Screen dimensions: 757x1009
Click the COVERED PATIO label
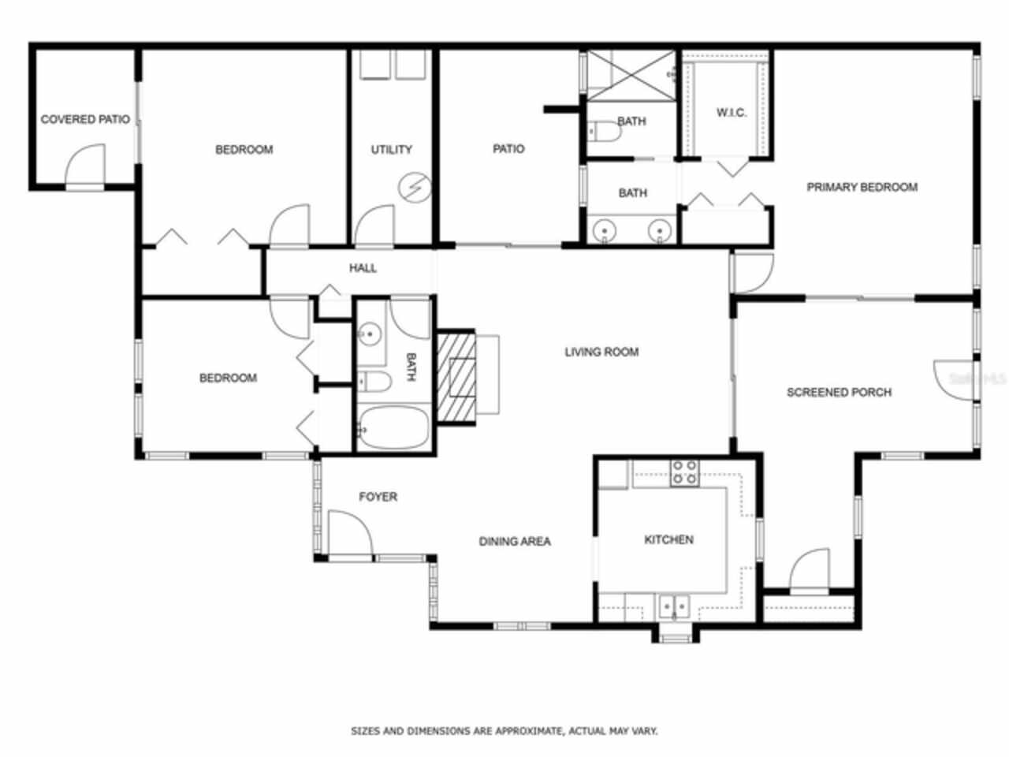[x=85, y=120]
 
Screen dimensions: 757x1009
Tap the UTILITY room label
[x=391, y=149]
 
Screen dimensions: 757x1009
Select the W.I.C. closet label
[x=731, y=113]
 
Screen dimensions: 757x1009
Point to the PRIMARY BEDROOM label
[x=862, y=187]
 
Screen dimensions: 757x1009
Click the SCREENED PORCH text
[x=839, y=392]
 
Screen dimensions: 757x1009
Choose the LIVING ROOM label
[x=601, y=352]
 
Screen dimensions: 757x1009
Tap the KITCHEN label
[x=668, y=539]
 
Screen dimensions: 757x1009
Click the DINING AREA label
[x=515, y=541]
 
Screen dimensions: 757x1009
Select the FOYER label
[x=378, y=497]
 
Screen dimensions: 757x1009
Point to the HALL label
[x=363, y=268]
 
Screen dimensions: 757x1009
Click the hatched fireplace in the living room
[x=457, y=376]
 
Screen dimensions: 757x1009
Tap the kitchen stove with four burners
[x=683, y=472]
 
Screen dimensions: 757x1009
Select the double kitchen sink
[x=673, y=606]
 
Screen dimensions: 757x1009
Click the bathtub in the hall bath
[x=393, y=428]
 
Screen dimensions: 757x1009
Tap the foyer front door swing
[x=349, y=533]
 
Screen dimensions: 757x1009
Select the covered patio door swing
[x=84, y=166]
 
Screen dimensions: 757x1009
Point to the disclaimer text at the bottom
[x=504, y=731]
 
